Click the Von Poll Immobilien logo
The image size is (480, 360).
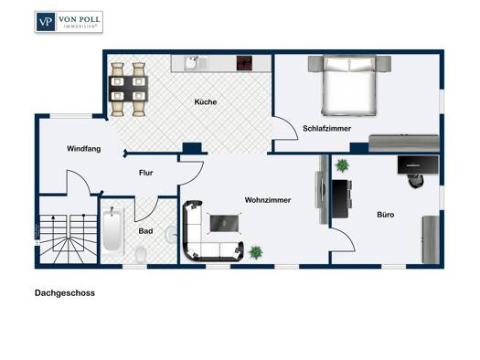pyautogui.click(x=69, y=22)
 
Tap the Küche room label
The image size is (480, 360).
pyautogui.click(x=206, y=101)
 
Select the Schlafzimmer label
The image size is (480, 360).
pyautogui.click(x=327, y=129)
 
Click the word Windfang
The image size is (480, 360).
pyautogui.click(x=84, y=149)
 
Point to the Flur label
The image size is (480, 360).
pyautogui.click(x=145, y=173)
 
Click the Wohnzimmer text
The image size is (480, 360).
pyautogui.click(x=268, y=200)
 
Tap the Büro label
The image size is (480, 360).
pyautogui.click(x=386, y=215)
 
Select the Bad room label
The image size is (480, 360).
pyautogui.click(x=145, y=231)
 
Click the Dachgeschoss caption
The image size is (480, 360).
pyautogui.click(x=65, y=293)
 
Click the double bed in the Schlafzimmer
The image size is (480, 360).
pyautogui.click(x=349, y=85)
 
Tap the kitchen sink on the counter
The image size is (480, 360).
pyautogui.click(x=192, y=64)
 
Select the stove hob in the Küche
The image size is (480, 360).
pyautogui.click(x=244, y=63)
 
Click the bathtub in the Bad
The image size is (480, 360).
pyautogui.click(x=112, y=228)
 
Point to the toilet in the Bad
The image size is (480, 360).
pyautogui.click(x=141, y=255)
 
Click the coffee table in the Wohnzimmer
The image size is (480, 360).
pyautogui.click(x=224, y=223)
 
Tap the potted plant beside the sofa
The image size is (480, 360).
pyautogui.click(x=256, y=253)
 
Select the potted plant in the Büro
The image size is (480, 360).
pyautogui.click(x=342, y=165)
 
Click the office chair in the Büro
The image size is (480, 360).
pyautogui.click(x=416, y=181)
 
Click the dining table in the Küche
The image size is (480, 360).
pyautogui.click(x=128, y=89)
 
